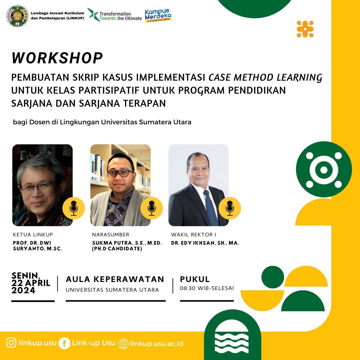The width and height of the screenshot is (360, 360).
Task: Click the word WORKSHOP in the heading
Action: tap(57, 58)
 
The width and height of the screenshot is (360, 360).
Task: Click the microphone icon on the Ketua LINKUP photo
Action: tap(74, 208)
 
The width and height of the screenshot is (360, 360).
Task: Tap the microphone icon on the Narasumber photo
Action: tap(152, 208)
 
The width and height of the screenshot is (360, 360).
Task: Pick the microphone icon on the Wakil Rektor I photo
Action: tap(230, 208)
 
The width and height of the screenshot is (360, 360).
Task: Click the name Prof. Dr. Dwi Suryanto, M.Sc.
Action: tap(38, 246)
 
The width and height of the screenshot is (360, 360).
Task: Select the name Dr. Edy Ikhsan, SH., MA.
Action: tap(205, 243)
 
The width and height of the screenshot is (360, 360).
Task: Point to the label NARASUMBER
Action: tap(111, 235)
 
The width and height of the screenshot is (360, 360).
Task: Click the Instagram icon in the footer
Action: tap(11, 343)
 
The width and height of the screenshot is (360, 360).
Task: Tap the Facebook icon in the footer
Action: tap(64, 343)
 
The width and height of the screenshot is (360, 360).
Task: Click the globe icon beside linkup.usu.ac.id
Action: tap(123, 344)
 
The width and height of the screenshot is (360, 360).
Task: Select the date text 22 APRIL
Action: tap(31, 283)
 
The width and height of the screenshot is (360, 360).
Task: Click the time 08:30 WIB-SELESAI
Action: tap(207, 288)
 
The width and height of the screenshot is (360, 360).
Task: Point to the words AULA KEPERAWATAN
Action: tap(115, 279)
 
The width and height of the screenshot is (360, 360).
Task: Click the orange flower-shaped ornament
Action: tap(305, 29)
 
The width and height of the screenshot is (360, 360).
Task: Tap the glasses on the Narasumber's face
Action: tap(120, 173)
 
